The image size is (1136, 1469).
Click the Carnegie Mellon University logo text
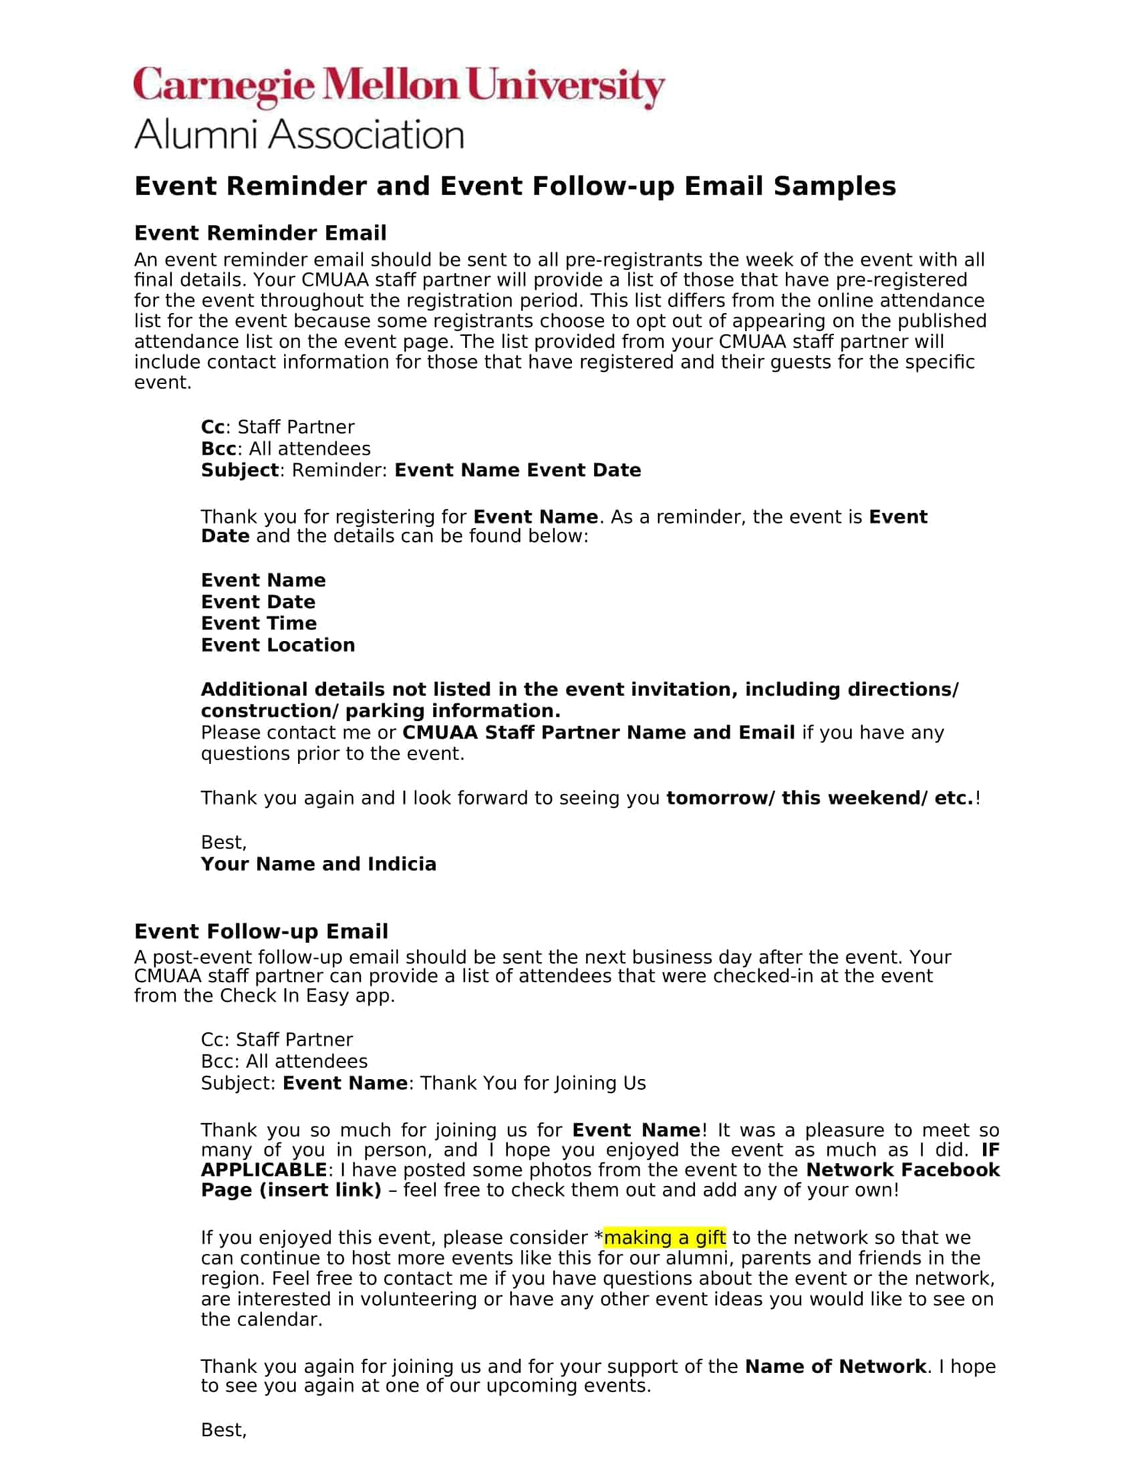click(398, 87)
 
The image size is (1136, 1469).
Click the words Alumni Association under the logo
click(299, 134)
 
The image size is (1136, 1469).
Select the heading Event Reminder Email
click(261, 233)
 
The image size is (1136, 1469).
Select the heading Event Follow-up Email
click(261, 931)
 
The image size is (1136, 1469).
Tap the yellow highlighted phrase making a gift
click(664, 1237)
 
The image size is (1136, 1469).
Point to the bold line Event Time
click(259, 623)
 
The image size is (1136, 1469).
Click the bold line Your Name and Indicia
click(318, 863)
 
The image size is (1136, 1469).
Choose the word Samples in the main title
click(835, 186)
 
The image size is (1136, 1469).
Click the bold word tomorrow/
click(720, 798)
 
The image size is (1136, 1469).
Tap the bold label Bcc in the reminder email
click(219, 449)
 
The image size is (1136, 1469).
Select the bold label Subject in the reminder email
click(240, 470)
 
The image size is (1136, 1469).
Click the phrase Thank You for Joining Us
click(533, 1083)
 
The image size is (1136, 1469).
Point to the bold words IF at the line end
click(990, 1150)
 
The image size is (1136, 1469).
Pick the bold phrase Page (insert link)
click(291, 1190)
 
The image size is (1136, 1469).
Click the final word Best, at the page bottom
click(223, 1430)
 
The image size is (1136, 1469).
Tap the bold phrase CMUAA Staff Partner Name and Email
click(598, 732)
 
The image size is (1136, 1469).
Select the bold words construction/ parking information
click(380, 711)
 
